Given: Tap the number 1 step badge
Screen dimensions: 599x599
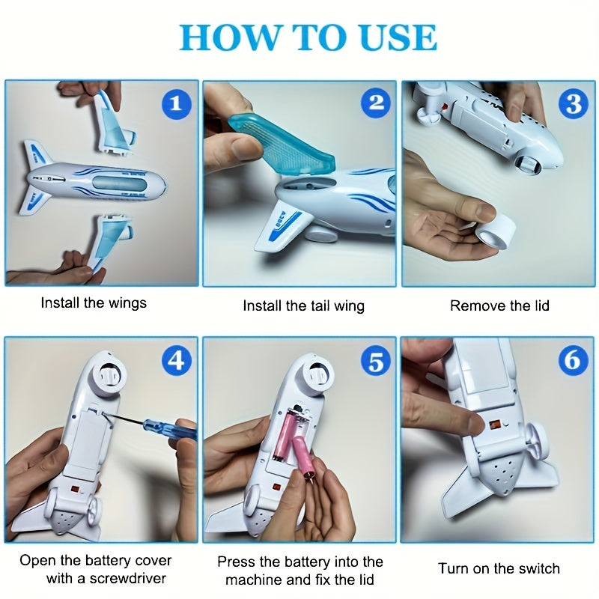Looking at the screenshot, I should pos(176,103).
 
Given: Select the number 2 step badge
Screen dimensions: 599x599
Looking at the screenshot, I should pos(375,103).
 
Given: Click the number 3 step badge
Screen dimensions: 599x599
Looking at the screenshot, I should pos(573,103).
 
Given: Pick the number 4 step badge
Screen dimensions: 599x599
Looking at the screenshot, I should pos(176,361).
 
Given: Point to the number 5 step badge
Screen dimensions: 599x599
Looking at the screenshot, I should pos(375,361).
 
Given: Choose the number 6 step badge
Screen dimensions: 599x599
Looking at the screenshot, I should pos(573,361).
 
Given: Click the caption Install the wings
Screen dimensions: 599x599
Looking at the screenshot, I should pos(94,303).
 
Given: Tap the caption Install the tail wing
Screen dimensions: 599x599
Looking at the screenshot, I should pos(303,305).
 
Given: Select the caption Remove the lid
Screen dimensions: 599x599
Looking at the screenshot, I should pos(499,305).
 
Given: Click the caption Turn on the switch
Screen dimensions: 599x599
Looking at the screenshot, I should pos(499,568).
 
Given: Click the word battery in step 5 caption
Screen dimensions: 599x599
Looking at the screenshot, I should pos(332,561).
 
